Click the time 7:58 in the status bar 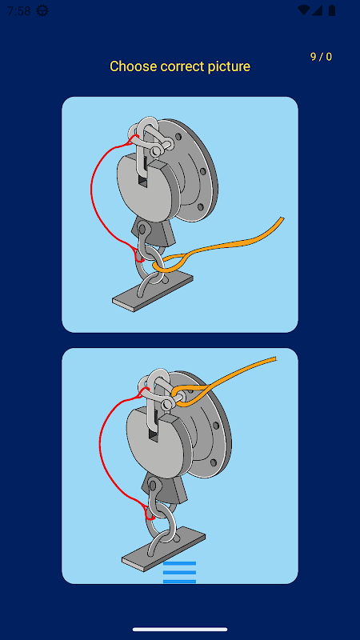18,11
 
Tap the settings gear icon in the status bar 42,11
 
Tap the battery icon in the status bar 332,10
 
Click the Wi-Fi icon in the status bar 303,10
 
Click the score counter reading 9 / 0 322,57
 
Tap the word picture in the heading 229,66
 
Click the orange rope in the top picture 229,243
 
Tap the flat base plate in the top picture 153,292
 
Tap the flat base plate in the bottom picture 163,549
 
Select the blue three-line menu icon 179,572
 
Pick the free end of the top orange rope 282,219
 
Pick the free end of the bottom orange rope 275,359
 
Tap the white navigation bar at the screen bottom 180,630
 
